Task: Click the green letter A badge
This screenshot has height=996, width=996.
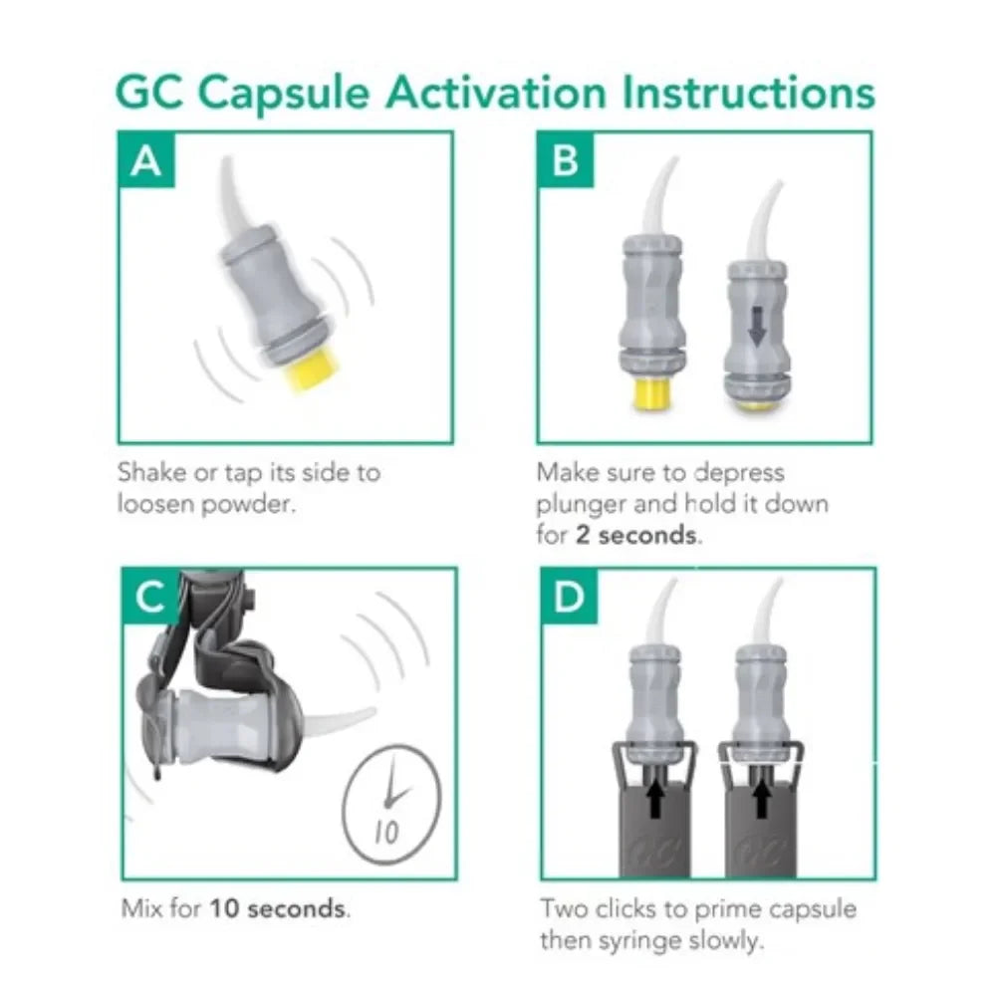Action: pos(146,159)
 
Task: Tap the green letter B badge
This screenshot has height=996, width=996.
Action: pos(566,159)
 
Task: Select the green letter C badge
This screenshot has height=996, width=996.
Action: pos(150,596)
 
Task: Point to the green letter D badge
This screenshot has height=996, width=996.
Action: pos(569,596)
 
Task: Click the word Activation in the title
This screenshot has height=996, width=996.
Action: pos(496,93)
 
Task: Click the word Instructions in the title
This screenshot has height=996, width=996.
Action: pos(748,93)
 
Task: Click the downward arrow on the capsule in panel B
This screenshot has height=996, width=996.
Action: pos(757,326)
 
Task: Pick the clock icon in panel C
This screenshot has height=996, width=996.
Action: pos(391,804)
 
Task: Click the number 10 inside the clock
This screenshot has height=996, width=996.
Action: pos(386,831)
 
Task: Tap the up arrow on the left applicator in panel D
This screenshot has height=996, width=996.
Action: pos(656,798)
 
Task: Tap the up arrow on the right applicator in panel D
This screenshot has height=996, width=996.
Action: pos(762,798)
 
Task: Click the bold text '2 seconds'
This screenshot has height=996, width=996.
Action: pos(635,535)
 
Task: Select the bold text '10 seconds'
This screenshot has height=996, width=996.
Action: pos(278,908)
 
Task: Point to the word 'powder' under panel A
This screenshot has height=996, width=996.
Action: pos(246,504)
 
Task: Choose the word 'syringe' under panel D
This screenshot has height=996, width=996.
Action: pos(640,941)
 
